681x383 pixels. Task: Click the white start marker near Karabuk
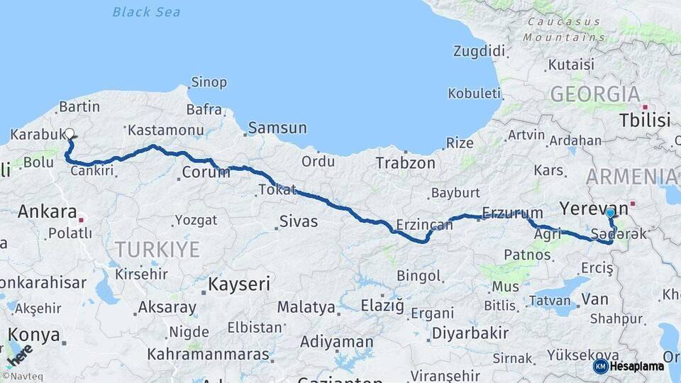pyautogui.click(x=69, y=133)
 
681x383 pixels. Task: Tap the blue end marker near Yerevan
pyautogui.click(x=609, y=213)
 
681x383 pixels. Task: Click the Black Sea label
pyautogui.click(x=146, y=12)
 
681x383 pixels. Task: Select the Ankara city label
pyautogui.click(x=47, y=211)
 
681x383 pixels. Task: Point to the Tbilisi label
pyautogui.click(x=644, y=120)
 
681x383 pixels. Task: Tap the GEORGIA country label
pyautogui.click(x=594, y=93)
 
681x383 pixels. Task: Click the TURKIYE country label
pyautogui.click(x=157, y=249)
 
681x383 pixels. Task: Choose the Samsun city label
pyautogui.click(x=277, y=128)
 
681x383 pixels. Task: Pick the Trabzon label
pyautogui.click(x=405, y=162)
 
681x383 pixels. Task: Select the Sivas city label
pyautogui.click(x=298, y=221)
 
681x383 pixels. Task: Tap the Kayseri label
pyautogui.click(x=239, y=284)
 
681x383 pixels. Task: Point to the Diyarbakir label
pyautogui.click(x=470, y=333)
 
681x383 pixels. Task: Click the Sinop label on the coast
pyautogui.click(x=209, y=82)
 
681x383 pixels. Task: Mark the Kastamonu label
pyautogui.click(x=165, y=131)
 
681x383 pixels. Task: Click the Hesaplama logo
pyautogui.click(x=629, y=366)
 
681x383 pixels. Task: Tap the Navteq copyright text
pyautogui.click(x=23, y=377)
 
